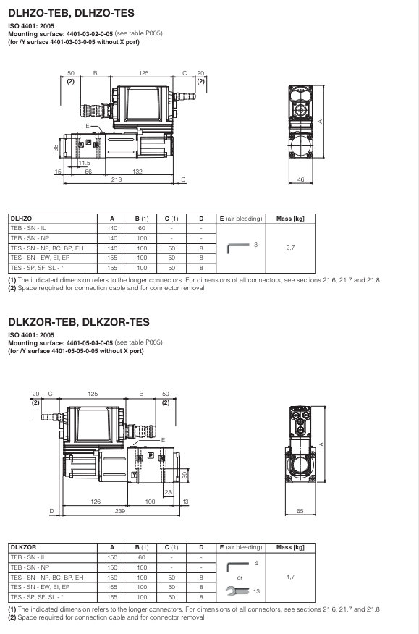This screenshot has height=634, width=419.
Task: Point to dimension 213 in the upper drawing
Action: tap(116, 179)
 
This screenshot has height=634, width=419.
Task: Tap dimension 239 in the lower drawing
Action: tap(120, 510)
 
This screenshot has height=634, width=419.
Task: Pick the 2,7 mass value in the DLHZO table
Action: tap(290, 248)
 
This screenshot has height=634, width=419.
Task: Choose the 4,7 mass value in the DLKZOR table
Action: tap(290, 578)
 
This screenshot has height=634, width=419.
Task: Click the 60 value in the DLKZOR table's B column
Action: tap(142, 557)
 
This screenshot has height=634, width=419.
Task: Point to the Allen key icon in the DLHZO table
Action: tap(240, 248)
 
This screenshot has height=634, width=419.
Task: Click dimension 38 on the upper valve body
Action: tap(56, 148)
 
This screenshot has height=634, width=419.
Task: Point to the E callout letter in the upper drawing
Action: tap(88, 127)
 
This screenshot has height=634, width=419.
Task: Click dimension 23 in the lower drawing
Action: tap(167, 491)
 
